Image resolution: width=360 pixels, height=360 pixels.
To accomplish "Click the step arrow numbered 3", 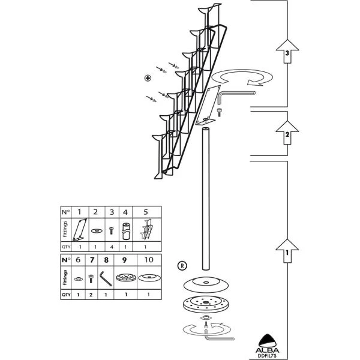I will point(287,53).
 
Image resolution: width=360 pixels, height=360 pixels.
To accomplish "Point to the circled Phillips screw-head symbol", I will point(148,78).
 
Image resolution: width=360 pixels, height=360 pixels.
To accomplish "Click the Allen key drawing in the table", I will point(106,278).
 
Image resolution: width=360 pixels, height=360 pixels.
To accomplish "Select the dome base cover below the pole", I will point(206,284).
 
